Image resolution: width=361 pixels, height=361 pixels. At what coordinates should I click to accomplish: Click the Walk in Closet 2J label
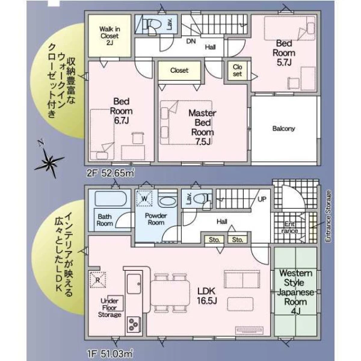110,35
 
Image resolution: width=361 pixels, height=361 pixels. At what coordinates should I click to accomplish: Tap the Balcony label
283,129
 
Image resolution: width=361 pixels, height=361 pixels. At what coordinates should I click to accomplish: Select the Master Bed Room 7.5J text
202,128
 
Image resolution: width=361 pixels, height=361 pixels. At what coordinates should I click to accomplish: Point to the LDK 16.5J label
206,295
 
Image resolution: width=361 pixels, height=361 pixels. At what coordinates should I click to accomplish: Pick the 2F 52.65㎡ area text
111,173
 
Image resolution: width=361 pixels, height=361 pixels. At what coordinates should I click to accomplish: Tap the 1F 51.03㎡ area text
110,353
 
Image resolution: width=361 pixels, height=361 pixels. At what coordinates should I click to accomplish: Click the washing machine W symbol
144,198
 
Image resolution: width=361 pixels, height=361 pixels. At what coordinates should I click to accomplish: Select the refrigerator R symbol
98,280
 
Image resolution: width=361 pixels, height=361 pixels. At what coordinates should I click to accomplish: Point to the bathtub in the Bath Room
110,199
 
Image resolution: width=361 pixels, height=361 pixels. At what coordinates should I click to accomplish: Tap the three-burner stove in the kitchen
133,324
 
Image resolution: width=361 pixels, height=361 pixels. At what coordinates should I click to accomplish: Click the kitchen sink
134,283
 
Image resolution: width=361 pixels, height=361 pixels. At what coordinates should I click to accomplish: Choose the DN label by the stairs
191,42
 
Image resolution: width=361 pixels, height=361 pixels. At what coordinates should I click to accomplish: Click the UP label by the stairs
262,199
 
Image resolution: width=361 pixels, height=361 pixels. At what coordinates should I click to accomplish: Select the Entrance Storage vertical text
328,216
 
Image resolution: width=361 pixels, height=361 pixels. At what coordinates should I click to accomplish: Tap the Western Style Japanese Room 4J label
295,292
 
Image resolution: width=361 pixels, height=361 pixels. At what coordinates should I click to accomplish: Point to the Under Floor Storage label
110,308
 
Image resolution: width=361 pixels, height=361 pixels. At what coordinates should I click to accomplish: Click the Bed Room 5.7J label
284,53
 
